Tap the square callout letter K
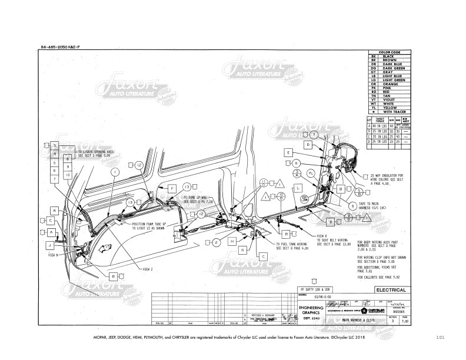(x=54, y=210)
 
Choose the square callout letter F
(x=173, y=188)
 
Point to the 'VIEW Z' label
(x=148, y=268)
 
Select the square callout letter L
(x=299, y=187)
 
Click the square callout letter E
(x=288, y=153)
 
